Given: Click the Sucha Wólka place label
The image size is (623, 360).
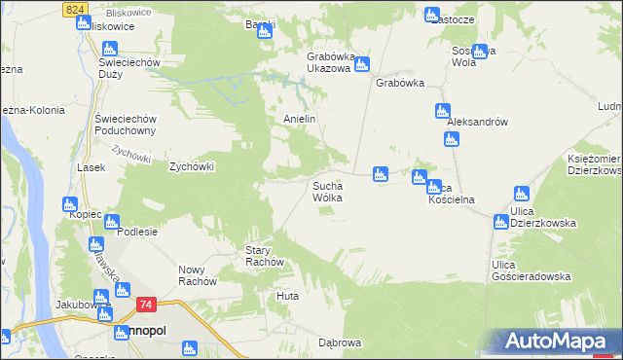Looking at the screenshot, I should coord(326,191).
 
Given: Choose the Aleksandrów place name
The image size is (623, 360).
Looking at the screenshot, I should coord(478,123).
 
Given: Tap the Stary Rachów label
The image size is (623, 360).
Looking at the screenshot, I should coord(264,256).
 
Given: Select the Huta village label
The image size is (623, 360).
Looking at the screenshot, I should coord(287,295).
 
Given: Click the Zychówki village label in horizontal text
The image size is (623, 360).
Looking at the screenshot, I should coord(191,166).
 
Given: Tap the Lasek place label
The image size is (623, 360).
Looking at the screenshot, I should coord(91,167).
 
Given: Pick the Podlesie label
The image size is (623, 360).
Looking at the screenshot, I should coord(137,233).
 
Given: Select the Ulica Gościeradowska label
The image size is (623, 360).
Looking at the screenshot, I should coord(531,270).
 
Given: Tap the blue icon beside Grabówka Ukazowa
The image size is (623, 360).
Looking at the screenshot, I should coord(362,65).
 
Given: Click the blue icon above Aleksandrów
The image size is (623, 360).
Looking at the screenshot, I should coord(443,110).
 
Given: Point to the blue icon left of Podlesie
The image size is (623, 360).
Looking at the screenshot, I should coord(112,221).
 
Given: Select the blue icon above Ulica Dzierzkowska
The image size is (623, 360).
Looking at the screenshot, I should coord(522,194).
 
